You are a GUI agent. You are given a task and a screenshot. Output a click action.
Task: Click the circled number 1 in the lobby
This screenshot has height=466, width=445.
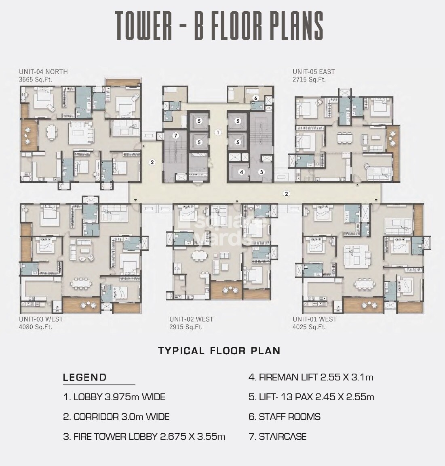click(217, 132)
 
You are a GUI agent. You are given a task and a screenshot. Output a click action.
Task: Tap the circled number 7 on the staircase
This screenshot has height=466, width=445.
click(175, 136)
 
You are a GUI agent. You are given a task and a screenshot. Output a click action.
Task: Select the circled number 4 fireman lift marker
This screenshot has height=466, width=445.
click(242, 172)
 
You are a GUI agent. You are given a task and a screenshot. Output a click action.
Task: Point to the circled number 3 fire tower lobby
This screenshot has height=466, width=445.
click(262, 172)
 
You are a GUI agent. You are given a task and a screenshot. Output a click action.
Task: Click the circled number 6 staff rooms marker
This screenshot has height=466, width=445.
click(255, 98)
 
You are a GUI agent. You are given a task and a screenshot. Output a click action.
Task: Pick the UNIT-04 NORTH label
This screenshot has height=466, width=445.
click(43, 72)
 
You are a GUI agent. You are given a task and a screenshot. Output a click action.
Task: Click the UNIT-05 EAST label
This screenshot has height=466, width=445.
click(314, 72)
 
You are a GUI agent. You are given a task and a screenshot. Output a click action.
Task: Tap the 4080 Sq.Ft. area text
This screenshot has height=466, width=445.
click(36, 327)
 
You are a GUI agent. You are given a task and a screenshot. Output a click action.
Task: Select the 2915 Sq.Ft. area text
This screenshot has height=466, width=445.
click(186, 327)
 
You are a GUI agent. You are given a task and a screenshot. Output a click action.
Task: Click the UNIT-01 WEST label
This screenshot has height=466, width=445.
click(314, 319)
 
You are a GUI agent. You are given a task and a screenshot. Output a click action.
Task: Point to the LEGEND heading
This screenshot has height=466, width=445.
click(85, 378)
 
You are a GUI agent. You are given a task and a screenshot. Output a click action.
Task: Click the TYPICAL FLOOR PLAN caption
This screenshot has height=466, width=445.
click(219, 351)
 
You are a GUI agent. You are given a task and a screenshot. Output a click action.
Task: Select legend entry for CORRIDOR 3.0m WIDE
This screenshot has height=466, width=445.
click(116, 417)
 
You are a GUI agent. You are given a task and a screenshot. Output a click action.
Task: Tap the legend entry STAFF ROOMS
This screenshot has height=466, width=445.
click(285, 417)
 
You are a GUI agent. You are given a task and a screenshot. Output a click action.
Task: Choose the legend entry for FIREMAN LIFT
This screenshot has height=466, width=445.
click(311, 378)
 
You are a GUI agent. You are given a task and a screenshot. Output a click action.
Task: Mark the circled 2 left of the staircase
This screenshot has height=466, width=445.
click(152, 162)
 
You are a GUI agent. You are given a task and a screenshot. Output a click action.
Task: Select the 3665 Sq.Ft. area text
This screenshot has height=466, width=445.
click(36, 79)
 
